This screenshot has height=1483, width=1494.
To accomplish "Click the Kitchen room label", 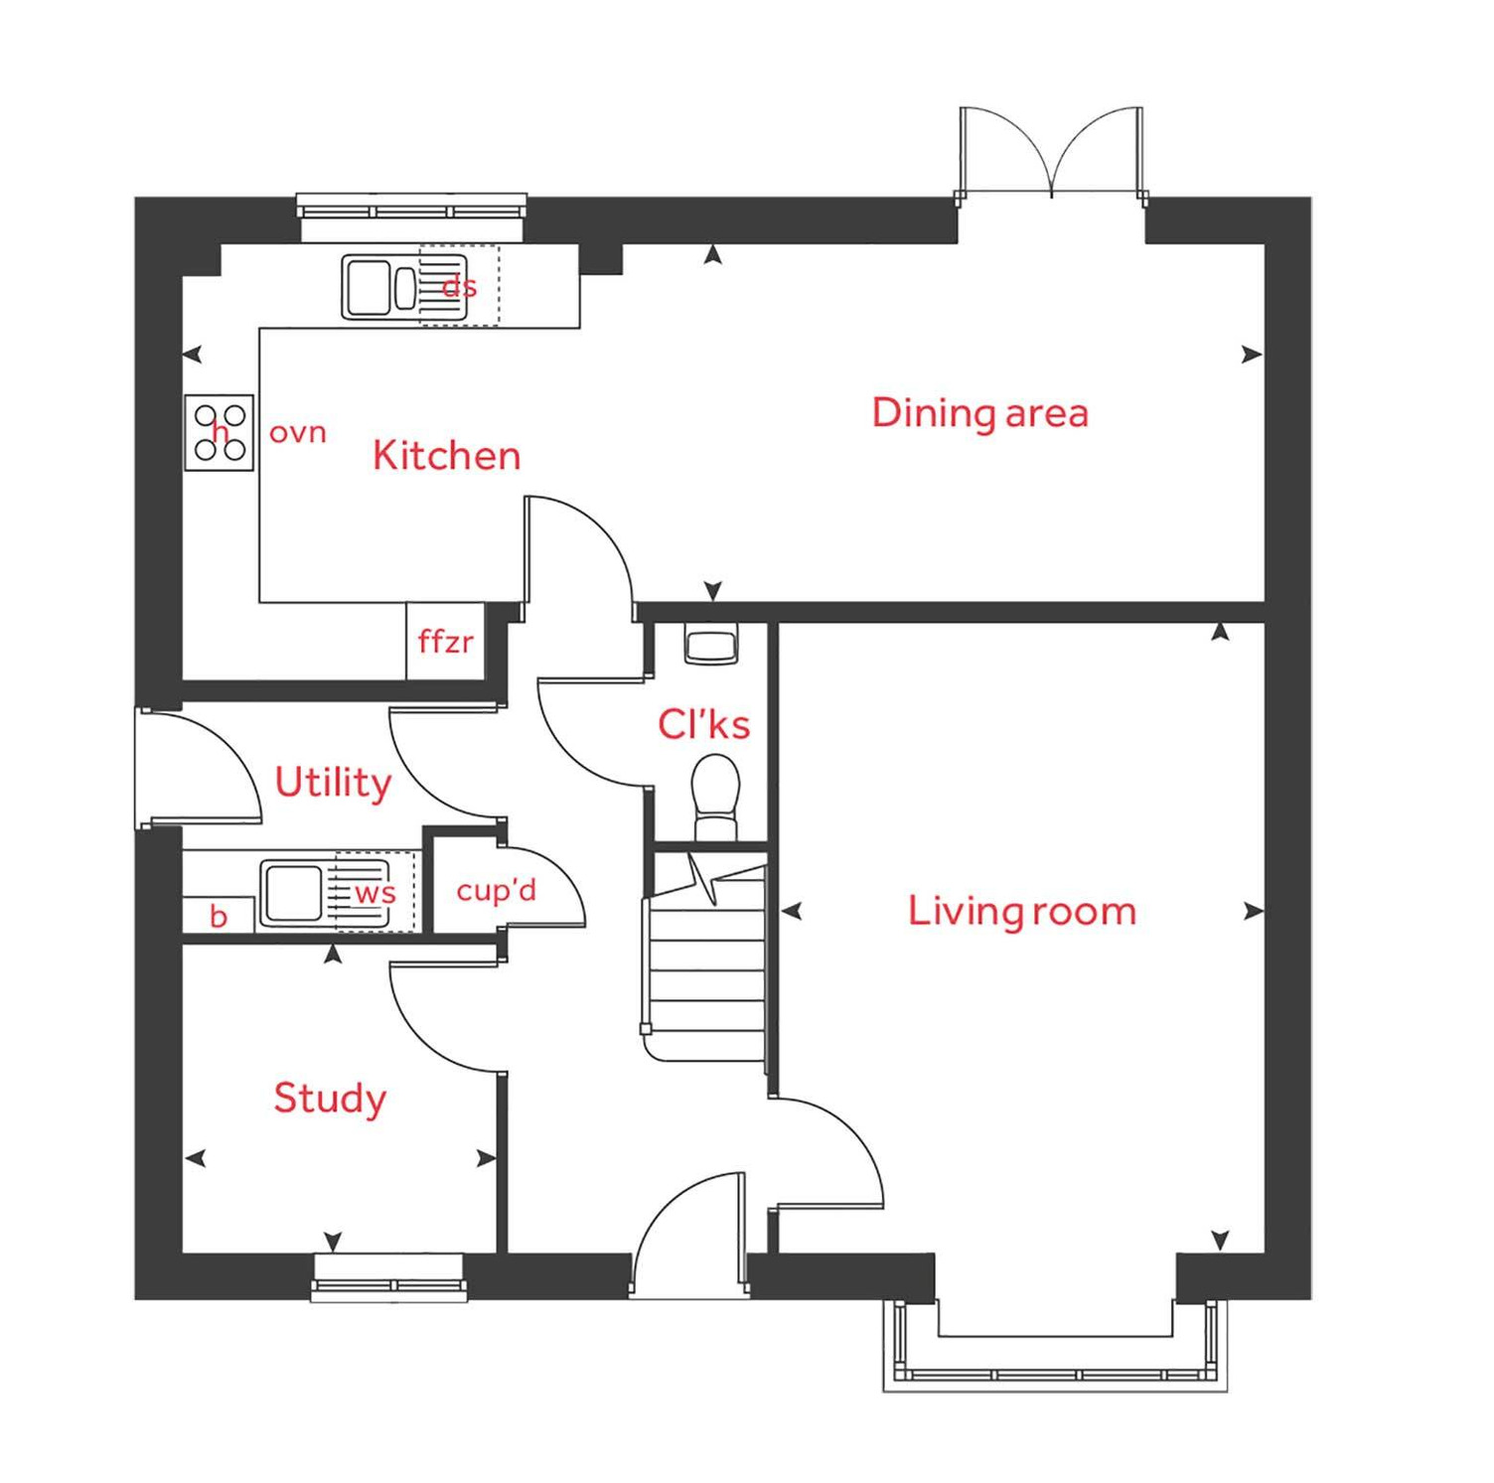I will (x=446, y=456).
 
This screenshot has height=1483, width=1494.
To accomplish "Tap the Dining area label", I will (x=979, y=413).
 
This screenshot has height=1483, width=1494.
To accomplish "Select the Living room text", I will (x=1022, y=911).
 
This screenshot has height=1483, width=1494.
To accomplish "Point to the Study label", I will (x=330, y=1099).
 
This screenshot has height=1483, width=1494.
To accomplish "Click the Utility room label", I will (x=333, y=783).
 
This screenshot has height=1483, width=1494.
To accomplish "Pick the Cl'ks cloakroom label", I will (x=703, y=724).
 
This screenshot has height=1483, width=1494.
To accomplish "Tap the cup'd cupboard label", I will (x=496, y=890).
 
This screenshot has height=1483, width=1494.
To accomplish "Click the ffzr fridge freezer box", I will (x=445, y=642).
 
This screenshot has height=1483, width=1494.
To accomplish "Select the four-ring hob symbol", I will (x=220, y=432).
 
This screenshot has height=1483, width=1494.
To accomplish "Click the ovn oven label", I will (x=297, y=433).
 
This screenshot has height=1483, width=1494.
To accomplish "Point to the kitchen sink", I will (x=379, y=288).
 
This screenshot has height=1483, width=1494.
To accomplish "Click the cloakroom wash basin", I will (x=711, y=646).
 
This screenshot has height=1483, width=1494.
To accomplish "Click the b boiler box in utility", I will (x=219, y=915).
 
